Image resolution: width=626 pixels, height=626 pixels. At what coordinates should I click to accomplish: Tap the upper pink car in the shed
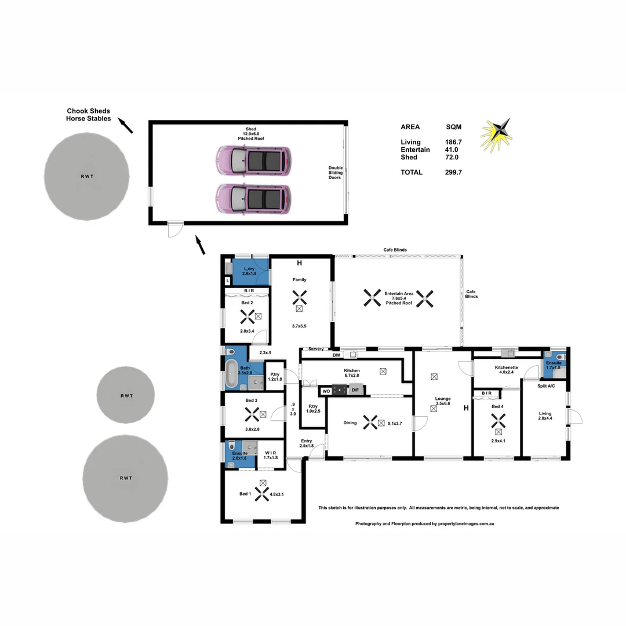point(253,160)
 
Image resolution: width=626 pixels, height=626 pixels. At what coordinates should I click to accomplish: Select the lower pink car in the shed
point(253,198)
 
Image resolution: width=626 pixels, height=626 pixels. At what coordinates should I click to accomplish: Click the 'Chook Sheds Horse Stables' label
point(88,115)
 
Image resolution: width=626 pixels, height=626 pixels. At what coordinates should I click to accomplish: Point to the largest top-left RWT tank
point(86,175)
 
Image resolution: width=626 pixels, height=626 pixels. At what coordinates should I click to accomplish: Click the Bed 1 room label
point(245,494)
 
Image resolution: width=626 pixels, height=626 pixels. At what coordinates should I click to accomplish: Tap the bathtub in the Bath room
point(231,374)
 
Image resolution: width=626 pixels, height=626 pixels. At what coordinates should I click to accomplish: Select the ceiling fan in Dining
point(370,423)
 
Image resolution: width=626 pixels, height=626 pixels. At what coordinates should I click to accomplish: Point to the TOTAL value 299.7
point(453,172)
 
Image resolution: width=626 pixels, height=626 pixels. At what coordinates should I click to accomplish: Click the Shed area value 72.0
point(452,157)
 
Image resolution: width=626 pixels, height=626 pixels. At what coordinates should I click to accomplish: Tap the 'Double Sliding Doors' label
point(336,172)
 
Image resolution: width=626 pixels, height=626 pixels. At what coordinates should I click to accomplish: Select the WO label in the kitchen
point(326,391)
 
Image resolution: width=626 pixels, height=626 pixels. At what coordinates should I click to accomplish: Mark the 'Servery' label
point(316,349)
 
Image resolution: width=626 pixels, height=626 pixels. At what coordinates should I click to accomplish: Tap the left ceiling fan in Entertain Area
point(372,298)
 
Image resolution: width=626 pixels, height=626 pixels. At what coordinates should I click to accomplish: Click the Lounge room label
point(443,398)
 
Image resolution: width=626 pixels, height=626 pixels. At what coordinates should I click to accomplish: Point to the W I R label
point(270,453)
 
